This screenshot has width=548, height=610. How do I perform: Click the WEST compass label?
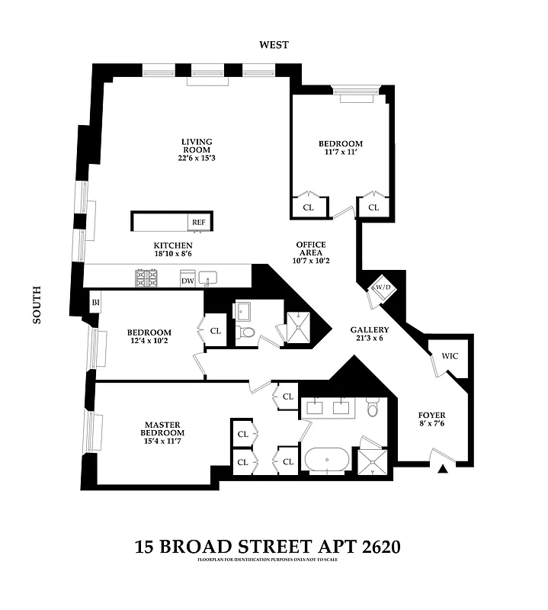coord(274,45)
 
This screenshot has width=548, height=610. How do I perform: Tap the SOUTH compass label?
coord(36,305)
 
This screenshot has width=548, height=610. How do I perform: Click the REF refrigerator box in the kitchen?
coord(198,222)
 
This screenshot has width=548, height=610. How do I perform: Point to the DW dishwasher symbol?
coord(187,281)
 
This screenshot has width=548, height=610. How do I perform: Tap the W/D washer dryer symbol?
coord(380,288)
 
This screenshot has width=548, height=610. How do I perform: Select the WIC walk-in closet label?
coord(450,357)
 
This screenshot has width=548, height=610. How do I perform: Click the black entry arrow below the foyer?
coord(443,470)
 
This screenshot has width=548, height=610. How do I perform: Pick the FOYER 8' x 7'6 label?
coord(431,420)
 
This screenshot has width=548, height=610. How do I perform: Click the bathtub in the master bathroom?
coord(328,461)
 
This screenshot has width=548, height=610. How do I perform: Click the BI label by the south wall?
coord(96,302)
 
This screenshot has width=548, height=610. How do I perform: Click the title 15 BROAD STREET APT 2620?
coord(267,547)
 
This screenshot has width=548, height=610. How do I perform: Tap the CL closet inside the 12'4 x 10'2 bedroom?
coord(215,331)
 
